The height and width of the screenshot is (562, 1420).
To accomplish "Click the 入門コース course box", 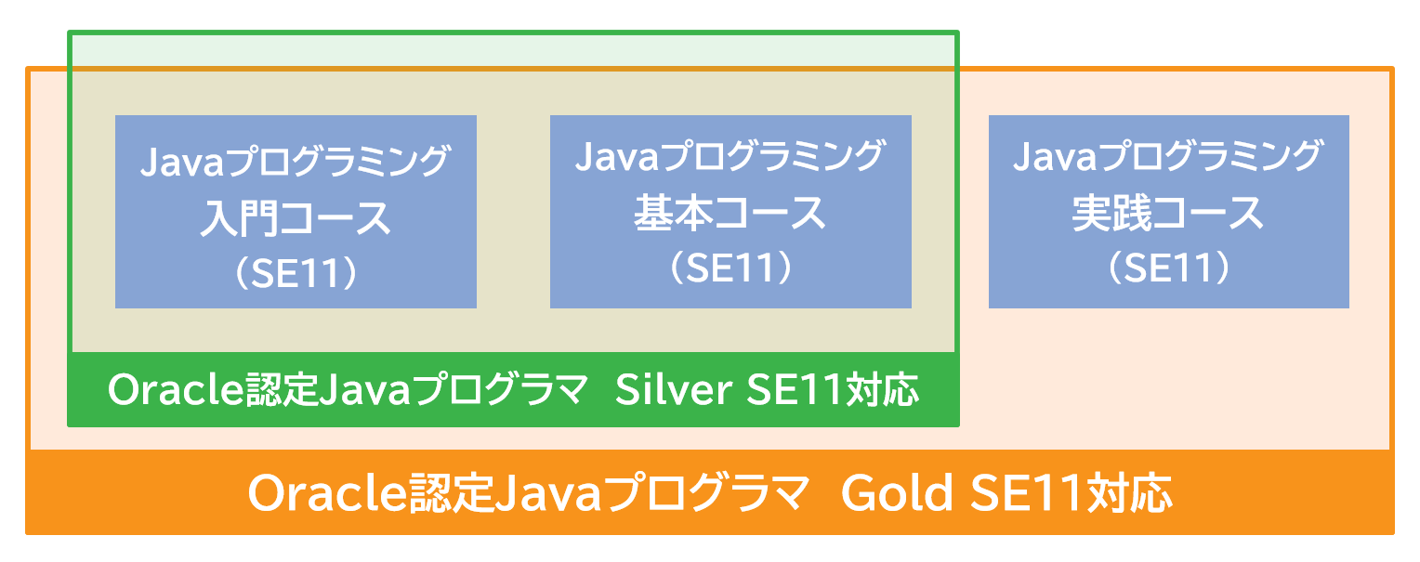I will pyautogui.click(x=296, y=212).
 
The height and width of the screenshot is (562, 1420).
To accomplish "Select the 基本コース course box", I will pyautogui.click(x=730, y=212).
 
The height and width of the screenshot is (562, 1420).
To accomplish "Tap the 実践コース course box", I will pyautogui.click(x=1168, y=212).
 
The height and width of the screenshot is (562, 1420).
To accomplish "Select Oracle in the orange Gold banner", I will pyautogui.click(x=326, y=493).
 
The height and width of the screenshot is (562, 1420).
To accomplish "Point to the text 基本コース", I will pyautogui.click(x=730, y=214).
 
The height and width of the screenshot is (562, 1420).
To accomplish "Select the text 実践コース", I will pyautogui.click(x=1168, y=214).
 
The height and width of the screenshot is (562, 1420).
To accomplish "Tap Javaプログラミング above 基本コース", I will pyautogui.click(x=730, y=156).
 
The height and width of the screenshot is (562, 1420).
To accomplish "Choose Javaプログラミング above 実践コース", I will pyautogui.click(x=1168, y=156).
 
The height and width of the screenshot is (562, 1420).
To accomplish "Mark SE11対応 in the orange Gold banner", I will pyautogui.click(x=1070, y=493).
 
